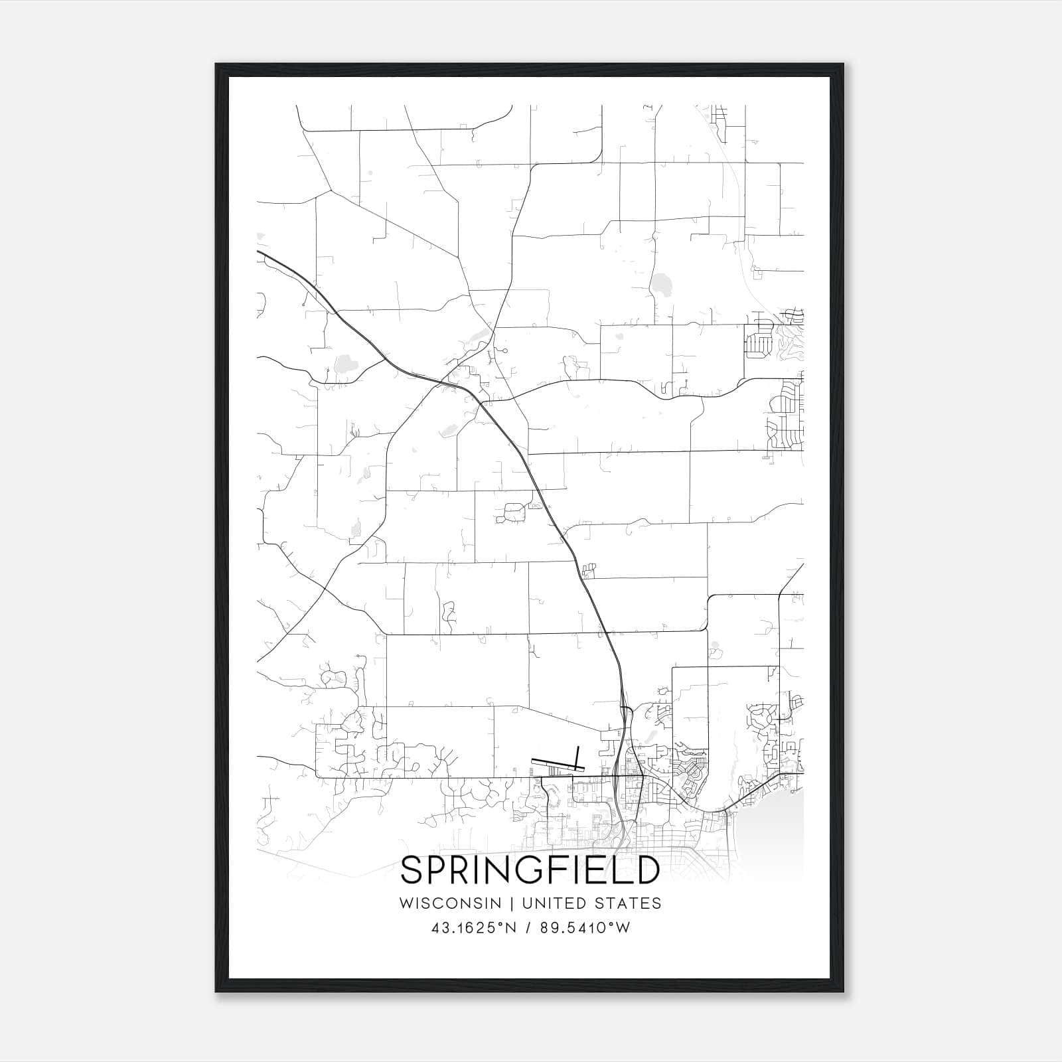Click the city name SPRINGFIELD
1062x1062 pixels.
[x=530, y=870]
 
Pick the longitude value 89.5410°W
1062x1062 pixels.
[x=585, y=928]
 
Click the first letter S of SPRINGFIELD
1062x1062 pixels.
[x=412, y=870]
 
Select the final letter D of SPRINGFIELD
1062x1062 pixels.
[x=646, y=870]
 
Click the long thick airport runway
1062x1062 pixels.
[x=557, y=765]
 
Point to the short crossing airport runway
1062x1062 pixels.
[x=577, y=757]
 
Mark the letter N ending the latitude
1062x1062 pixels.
[x=512, y=928]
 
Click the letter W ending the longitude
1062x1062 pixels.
[x=623, y=928]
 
